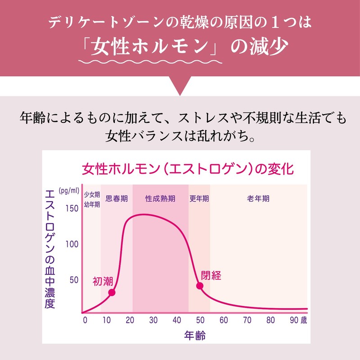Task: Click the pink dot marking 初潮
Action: pyautogui.click(x=112, y=292)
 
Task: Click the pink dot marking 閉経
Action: pyautogui.click(x=200, y=286)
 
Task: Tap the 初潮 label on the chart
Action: pyautogui.click(x=103, y=281)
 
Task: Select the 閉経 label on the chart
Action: pyautogui.click(x=211, y=275)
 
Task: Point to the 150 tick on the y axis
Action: pyautogui.click(x=72, y=208)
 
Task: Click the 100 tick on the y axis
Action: pyautogui.click(x=72, y=244)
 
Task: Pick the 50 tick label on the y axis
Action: pyautogui.click(x=74, y=280)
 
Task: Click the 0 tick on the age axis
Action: pyautogui.click(x=85, y=320)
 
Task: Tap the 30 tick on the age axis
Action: pyautogui.click(x=153, y=320)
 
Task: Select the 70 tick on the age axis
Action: pyautogui.click(x=247, y=320)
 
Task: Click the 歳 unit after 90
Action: pyautogui.click(x=304, y=320)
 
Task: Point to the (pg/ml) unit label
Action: pyautogui.click(x=69, y=190)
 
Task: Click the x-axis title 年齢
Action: pyautogui.click(x=195, y=335)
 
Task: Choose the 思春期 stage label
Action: pyautogui.click(x=117, y=198)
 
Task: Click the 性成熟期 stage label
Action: pyautogui.click(x=160, y=198)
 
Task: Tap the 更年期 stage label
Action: pyautogui.click(x=199, y=198)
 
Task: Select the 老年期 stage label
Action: pyautogui.click(x=258, y=198)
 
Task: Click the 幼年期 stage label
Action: pyautogui.click(x=92, y=204)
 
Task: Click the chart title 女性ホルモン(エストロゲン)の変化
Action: pyautogui.click(x=188, y=169)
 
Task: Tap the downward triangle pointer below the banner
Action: pyautogui.click(x=180, y=85)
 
